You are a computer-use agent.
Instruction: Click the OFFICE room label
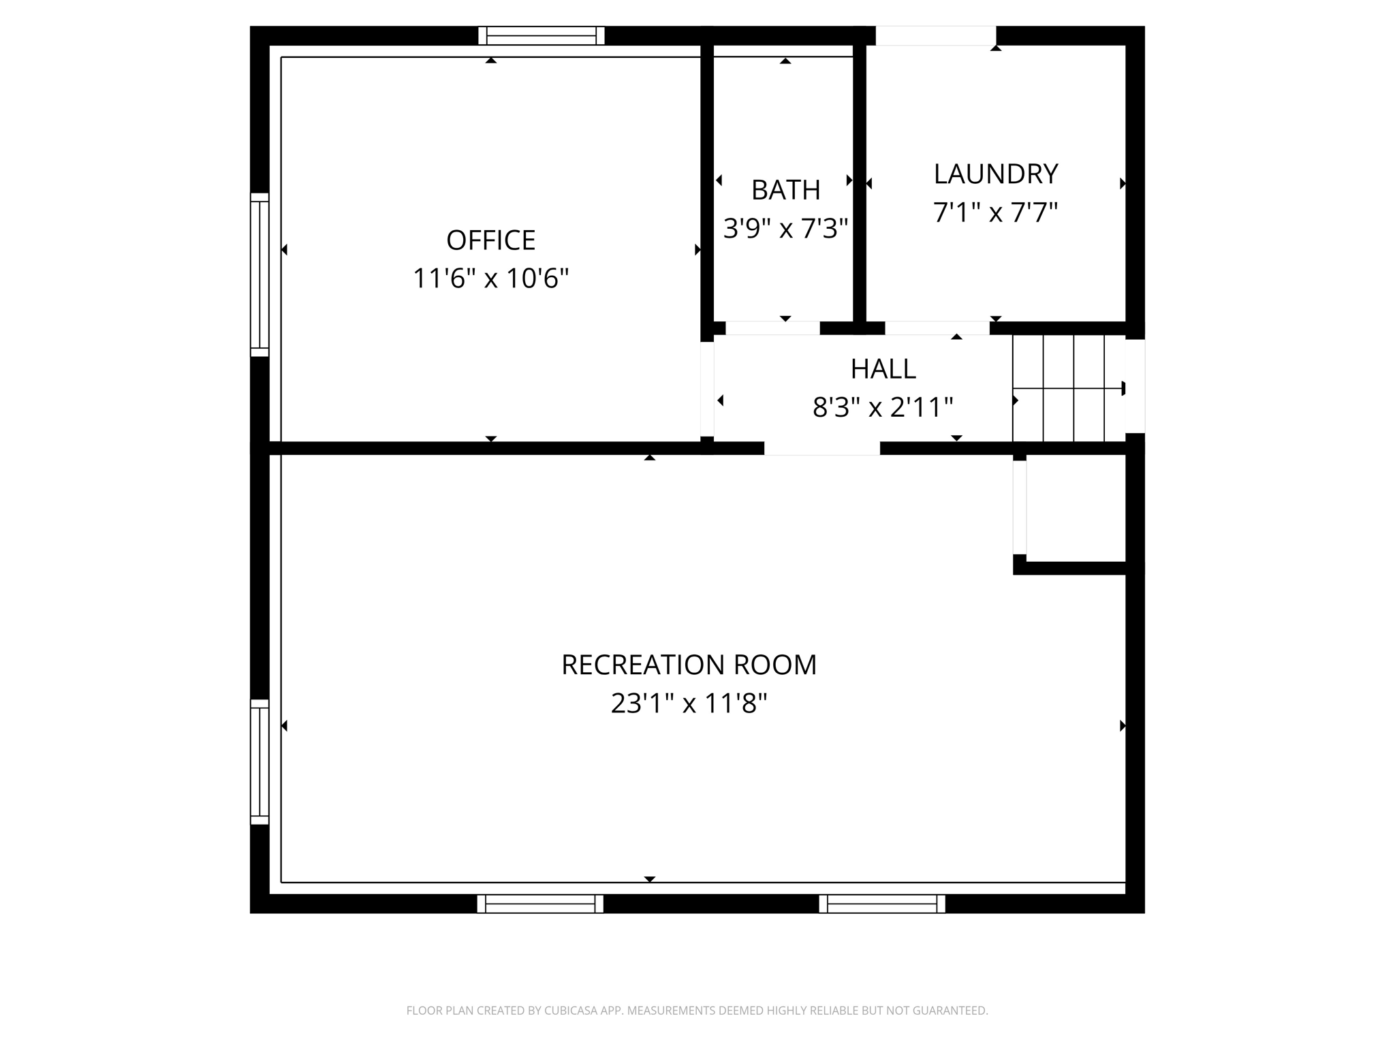(x=490, y=240)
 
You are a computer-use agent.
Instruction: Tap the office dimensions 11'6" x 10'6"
(x=490, y=278)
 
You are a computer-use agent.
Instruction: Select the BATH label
(x=785, y=190)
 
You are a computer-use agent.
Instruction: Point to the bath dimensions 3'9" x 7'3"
(x=785, y=228)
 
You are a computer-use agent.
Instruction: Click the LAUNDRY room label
(x=995, y=174)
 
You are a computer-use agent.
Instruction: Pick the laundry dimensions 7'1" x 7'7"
(x=995, y=212)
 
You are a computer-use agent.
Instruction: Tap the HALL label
(x=883, y=368)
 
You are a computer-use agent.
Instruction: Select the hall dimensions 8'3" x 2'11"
(x=883, y=407)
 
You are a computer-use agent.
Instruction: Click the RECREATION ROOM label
(x=689, y=665)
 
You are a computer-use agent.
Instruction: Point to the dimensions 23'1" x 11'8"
(x=689, y=703)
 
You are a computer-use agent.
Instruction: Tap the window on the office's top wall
(x=542, y=35)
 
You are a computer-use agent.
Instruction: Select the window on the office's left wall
(x=260, y=274)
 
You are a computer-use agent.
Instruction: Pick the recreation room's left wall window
(x=260, y=761)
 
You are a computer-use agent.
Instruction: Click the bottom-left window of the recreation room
(x=540, y=904)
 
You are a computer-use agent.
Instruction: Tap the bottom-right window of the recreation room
(x=882, y=904)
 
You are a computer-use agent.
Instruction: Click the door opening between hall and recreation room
(x=822, y=448)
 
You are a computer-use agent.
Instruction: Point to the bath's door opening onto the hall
(x=772, y=328)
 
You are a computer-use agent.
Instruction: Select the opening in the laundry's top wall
(x=936, y=35)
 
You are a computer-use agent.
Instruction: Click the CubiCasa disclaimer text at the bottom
(x=697, y=1011)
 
